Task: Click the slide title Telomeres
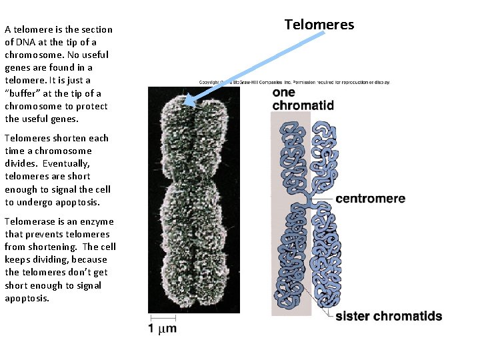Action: coord(319,25)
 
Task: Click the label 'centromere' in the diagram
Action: coord(370,199)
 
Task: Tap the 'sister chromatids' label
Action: coord(389,316)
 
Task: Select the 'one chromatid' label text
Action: coord(303,99)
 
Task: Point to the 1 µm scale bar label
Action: coord(163,329)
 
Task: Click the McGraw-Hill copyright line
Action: coord(293,82)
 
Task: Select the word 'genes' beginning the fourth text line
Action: coord(17,67)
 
